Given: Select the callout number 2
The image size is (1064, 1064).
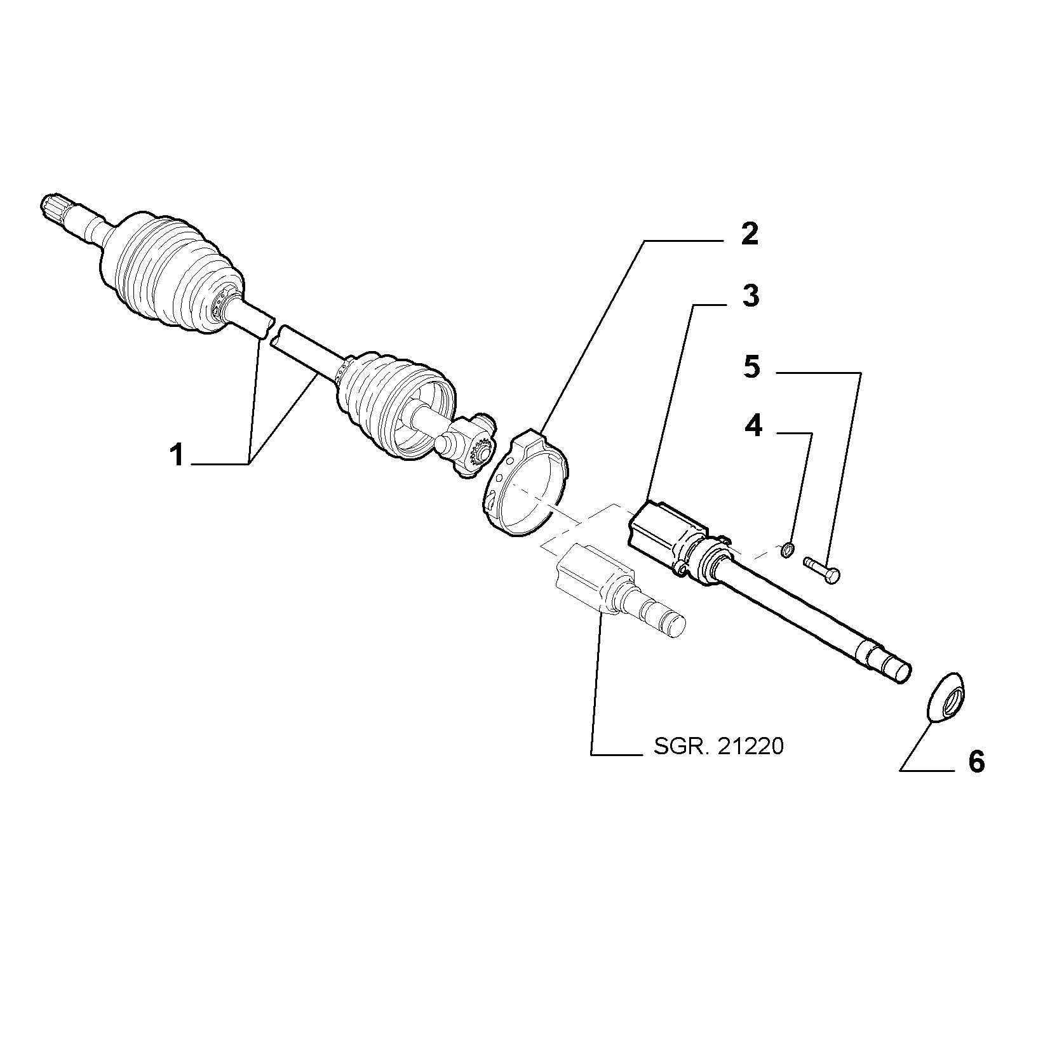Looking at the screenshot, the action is coord(750,235).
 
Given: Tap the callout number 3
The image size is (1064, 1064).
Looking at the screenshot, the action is coord(751,296).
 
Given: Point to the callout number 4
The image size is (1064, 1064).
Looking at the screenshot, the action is coord(753,426).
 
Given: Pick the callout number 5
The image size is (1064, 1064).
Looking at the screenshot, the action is coord(751,366).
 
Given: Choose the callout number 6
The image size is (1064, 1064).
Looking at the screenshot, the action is coord(976,762).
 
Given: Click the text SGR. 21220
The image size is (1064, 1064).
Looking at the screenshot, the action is coord(718,747).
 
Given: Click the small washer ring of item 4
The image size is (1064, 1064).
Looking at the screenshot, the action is coord(786,549).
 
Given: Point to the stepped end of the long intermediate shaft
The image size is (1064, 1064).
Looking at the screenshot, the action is coord(886,660).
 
